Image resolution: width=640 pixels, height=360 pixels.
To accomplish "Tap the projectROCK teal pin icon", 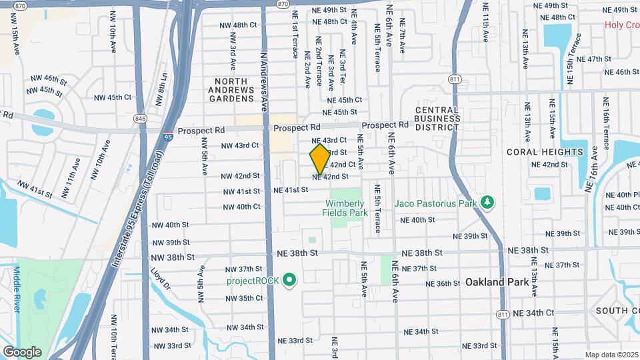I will [x=289, y=280].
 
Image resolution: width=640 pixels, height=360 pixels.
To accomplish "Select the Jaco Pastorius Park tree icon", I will [x=488, y=201].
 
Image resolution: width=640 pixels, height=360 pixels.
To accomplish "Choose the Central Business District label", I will [x=437, y=118].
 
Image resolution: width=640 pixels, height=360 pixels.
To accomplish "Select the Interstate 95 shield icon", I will [x=169, y=137].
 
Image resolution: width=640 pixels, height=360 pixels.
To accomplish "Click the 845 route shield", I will [x=140, y=119].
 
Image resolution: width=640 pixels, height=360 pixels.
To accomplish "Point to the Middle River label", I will [x=17, y=288].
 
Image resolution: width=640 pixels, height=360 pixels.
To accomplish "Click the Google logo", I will [x=22, y=351].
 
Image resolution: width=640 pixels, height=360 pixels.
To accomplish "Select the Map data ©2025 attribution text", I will [x=611, y=355].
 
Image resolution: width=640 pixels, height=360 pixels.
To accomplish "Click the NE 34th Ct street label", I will [x=531, y=313].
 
